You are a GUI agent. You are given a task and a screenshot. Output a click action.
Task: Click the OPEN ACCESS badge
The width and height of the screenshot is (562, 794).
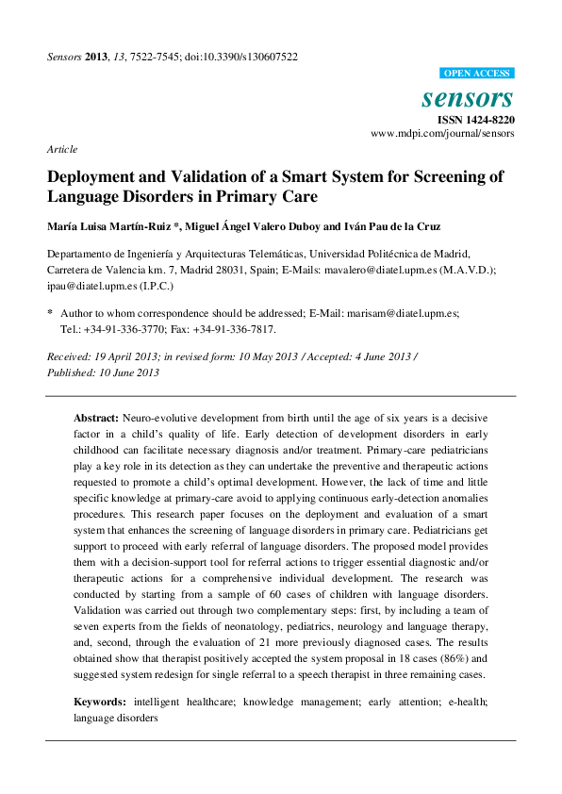point(477,74)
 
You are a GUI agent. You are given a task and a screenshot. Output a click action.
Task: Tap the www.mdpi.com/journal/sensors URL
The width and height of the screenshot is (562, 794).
point(442,134)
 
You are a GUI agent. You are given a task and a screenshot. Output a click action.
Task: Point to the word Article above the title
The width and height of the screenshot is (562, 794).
point(61,149)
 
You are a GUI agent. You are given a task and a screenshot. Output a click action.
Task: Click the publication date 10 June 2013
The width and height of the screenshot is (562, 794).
point(124,372)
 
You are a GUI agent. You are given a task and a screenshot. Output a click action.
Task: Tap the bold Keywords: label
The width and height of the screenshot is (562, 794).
point(100,703)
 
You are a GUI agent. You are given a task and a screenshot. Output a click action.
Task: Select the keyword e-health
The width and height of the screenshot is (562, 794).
point(463,703)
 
